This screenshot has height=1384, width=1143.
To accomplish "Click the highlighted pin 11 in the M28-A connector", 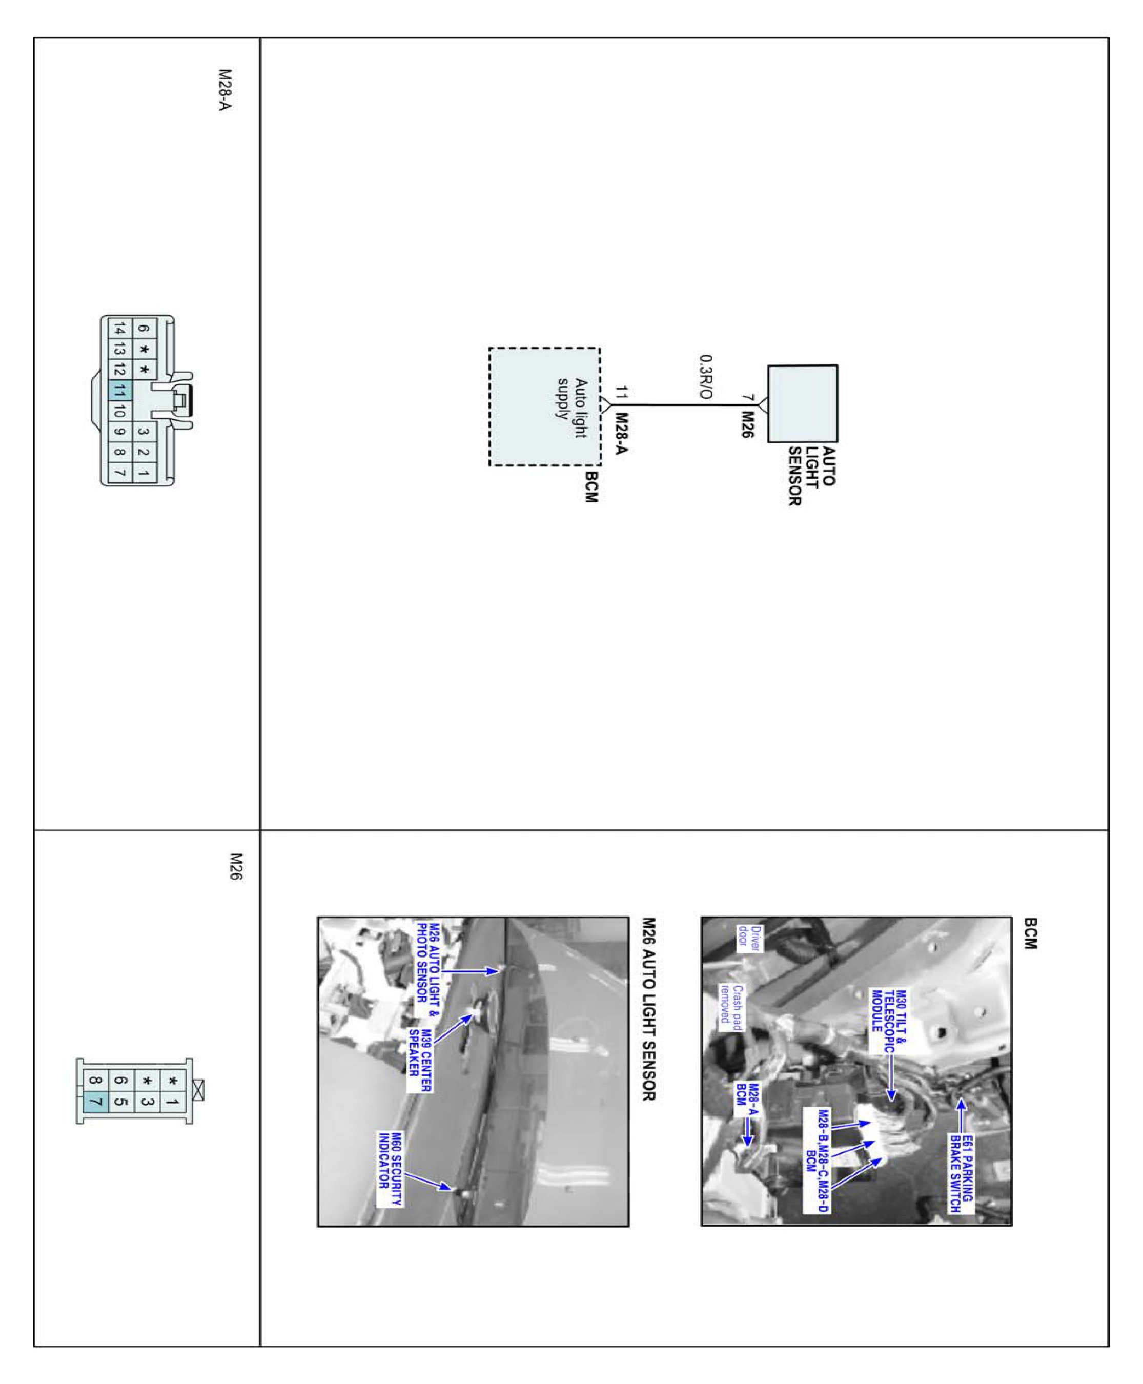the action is click(120, 391).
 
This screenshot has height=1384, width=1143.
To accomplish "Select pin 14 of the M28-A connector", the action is click(120, 329).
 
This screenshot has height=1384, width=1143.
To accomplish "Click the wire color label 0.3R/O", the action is click(705, 377).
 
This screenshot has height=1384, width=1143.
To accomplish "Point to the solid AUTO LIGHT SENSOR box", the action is click(803, 403).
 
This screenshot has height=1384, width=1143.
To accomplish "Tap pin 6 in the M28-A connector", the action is click(144, 329).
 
